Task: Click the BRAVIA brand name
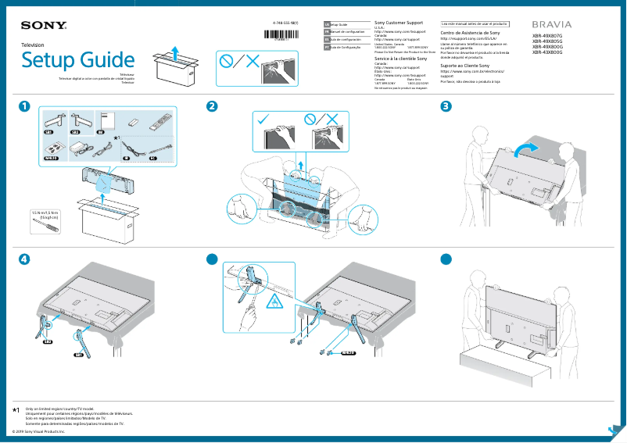click(x=551, y=25)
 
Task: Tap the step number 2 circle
click(x=211, y=106)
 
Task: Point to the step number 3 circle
click(x=446, y=106)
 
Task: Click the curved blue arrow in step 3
click(x=523, y=148)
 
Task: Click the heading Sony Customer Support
click(x=400, y=24)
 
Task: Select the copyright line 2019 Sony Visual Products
click(x=39, y=430)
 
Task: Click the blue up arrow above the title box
click(x=177, y=52)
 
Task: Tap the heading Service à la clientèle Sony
click(x=401, y=59)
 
